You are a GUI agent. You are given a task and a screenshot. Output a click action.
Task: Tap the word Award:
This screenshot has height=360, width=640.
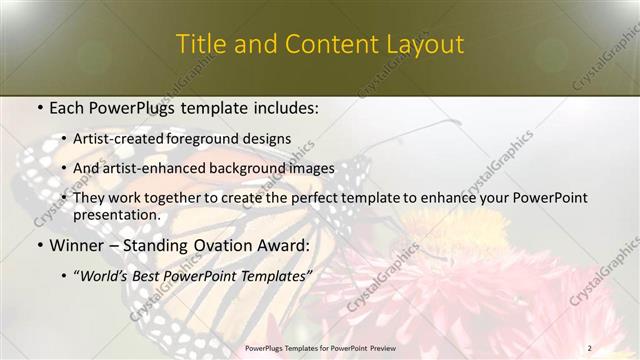(284, 245)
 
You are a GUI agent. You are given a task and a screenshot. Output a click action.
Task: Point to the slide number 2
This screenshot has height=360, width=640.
(590, 348)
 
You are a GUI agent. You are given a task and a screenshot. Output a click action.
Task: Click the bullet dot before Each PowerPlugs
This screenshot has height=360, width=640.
(39, 106)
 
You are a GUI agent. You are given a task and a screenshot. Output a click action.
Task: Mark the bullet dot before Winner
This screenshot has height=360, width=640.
(39, 245)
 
